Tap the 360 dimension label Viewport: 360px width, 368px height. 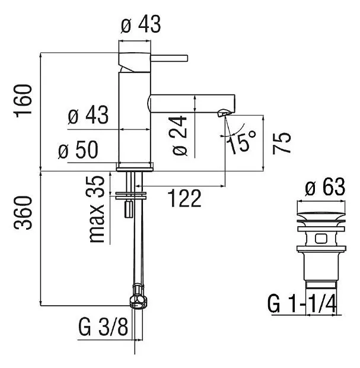point(23,212)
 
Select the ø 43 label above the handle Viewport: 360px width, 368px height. point(141,24)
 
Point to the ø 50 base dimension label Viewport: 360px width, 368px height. point(78,150)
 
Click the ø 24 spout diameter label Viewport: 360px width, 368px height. point(180,135)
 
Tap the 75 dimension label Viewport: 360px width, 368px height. point(282,143)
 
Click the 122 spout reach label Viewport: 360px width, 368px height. point(186,199)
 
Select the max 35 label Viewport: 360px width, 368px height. point(97,209)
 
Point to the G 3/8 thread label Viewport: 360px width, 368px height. point(103,327)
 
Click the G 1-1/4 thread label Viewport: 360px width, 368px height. point(302,304)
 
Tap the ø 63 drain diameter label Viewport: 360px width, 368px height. point(325,186)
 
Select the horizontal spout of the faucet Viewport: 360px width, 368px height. point(192,103)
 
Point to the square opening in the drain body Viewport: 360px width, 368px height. point(321,239)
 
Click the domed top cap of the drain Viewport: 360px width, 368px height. point(321,216)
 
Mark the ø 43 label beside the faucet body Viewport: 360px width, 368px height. point(88,115)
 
